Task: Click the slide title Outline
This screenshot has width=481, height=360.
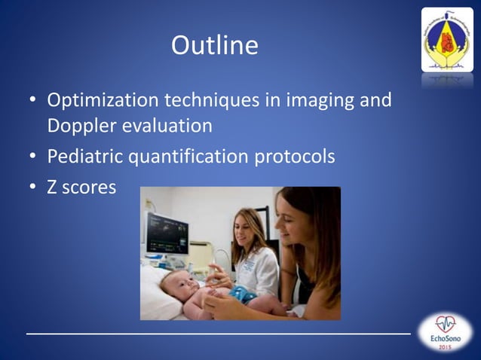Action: click(x=215, y=46)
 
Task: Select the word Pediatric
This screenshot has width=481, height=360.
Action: click(x=84, y=158)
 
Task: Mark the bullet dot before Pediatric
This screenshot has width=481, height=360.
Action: click(x=32, y=158)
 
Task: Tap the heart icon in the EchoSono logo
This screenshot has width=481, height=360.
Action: click(x=446, y=325)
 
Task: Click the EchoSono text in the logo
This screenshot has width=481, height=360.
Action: click(x=446, y=340)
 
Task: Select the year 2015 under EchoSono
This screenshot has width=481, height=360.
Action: click(x=446, y=350)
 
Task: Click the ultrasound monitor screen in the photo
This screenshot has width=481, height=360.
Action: click(x=167, y=233)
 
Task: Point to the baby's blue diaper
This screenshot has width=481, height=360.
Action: click(x=244, y=295)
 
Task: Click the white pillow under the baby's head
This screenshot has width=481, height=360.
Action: click(x=155, y=301)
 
